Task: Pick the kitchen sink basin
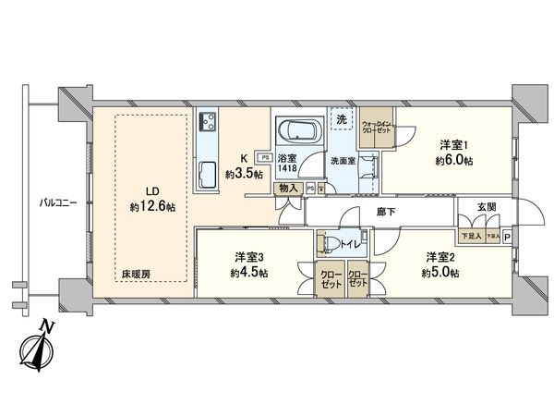pyautogui.click(x=206, y=172)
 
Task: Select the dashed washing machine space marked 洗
pyautogui.click(x=343, y=121)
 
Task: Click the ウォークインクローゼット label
pyautogui.click(x=379, y=128)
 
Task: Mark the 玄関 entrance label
pyautogui.click(x=489, y=208)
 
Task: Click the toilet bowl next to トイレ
pyautogui.click(x=327, y=244)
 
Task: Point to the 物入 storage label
pyautogui.click(x=288, y=190)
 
